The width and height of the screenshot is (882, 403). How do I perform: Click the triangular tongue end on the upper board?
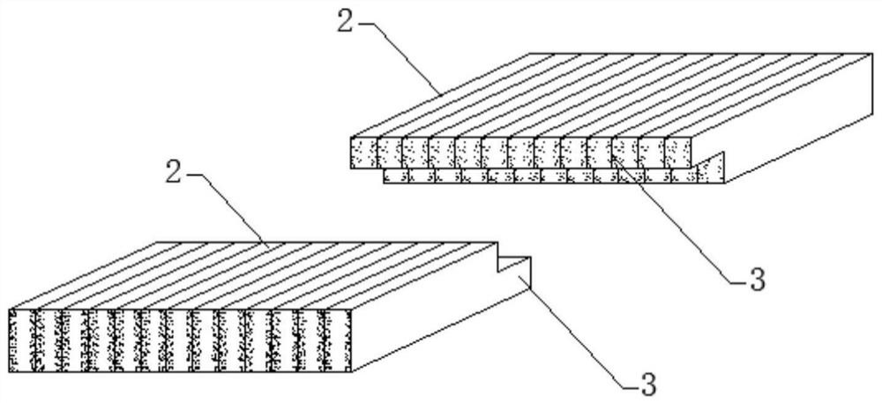point(713,168)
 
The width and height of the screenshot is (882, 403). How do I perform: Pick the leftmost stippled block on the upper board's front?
point(363,152)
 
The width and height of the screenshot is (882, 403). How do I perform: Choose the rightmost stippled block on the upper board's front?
point(677,152)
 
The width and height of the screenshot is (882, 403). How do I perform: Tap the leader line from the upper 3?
point(679,220)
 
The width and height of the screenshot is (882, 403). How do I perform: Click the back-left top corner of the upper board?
point(529,52)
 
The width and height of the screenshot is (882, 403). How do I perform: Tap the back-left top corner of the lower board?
point(159,243)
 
